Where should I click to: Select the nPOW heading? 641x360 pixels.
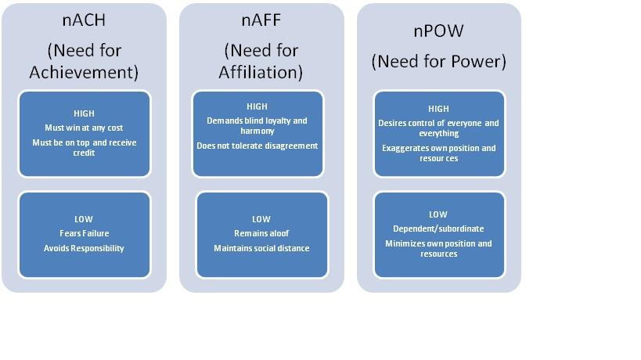438,31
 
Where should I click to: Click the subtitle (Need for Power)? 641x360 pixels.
438,61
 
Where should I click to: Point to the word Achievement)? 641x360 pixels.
84,72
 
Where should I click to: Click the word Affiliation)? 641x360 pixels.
261,72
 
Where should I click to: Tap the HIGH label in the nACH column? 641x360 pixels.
84,113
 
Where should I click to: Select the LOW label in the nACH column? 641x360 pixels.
84,219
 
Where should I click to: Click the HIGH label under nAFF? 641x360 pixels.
257,106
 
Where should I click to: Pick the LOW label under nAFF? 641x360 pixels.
261,219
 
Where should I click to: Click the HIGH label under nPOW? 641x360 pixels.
438,109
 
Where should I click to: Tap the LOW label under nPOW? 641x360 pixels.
438,214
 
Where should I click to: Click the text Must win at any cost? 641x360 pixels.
84,128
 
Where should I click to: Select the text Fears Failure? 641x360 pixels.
84,233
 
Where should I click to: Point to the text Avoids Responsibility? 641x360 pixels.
84,248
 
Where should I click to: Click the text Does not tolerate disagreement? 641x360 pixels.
257,146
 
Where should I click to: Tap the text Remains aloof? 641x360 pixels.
261,233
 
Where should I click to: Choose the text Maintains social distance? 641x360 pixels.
261,248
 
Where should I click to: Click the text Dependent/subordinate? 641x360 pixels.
438,229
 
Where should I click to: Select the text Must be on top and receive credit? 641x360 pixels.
84,148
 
